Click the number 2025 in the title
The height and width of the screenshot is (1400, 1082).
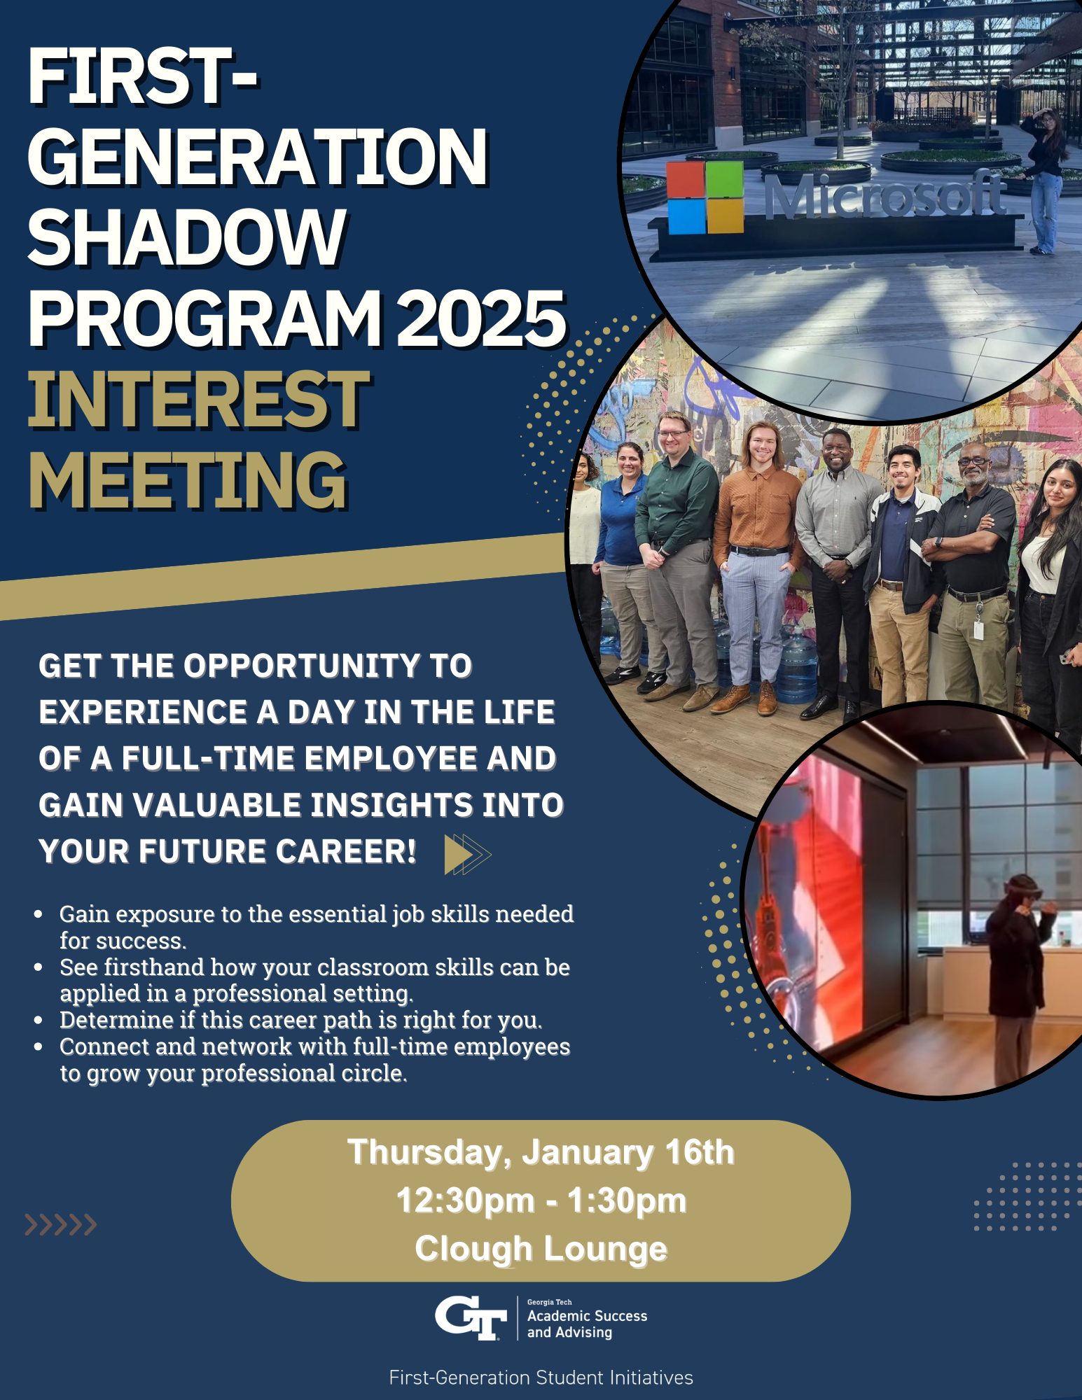click(x=482, y=318)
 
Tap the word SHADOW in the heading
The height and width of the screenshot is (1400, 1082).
click(x=187, y=238)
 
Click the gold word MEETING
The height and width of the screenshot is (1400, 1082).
click(x=187, y=480)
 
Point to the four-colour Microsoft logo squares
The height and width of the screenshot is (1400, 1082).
click(x=705, y=197)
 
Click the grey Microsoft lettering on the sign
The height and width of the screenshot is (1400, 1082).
click(x=884, y=197)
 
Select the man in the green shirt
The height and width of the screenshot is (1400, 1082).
click(x=675, y=560)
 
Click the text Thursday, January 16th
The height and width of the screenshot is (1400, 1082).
click(x=541, y=1153)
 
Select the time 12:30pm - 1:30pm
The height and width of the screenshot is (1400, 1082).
click(x=541, y=1200)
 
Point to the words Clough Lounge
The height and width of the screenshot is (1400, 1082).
click(x=541, y=1249)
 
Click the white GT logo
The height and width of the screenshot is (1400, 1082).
click(x=471, y=1318)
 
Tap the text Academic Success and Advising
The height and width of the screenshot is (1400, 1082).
click(x=587, y=1324)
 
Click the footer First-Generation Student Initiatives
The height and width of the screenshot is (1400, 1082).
click(x=541, y=1378)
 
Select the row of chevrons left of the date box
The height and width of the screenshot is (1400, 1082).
click(x=60, y=1224)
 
